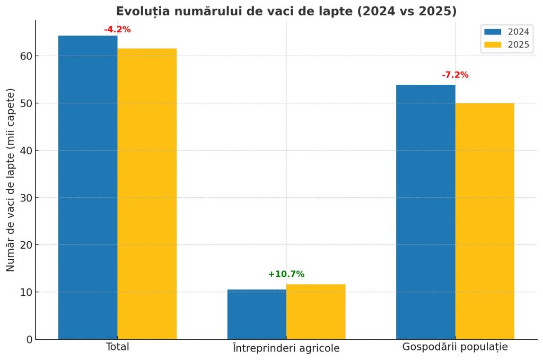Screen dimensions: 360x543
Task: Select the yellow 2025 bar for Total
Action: click(147, 194)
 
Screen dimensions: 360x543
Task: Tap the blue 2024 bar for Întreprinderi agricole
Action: click(257, 314)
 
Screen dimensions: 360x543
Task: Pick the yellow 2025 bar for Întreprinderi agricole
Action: click(316, 311)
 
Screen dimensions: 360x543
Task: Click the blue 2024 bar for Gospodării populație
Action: click(425, 212)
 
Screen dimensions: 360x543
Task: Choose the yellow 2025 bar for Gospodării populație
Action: click(485, 221)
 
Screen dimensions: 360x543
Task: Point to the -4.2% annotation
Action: click(117, 30)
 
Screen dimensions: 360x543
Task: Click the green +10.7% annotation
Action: click(286, 274)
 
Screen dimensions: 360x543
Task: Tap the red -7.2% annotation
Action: click(455, 75)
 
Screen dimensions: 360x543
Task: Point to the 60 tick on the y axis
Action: click(26, 56)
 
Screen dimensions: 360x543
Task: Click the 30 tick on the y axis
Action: click(26, 198)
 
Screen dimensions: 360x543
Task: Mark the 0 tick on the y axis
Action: click(29, 339)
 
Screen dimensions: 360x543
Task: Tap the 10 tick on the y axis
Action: click(26, 292)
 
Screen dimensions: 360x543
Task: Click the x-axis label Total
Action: click(118, 347)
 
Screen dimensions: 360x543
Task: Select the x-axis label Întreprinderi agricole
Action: click(286, 348)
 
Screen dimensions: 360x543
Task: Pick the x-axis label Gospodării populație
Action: click(455, 348)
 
